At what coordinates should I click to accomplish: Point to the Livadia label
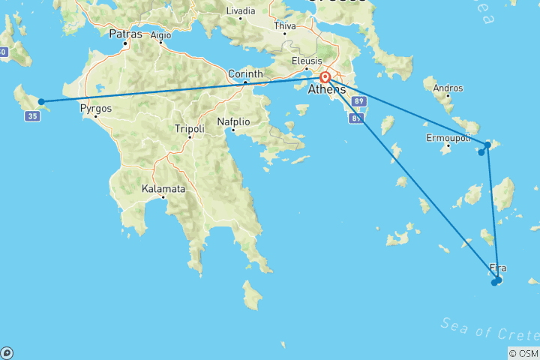pyautogui.click(x=240, y=11)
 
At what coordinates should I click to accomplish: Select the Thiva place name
pyautogui.click(x=285, y=25)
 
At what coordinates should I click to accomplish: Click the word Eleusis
pyautogui.click(x=307, y=61)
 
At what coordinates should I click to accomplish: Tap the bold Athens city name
pyautogui.click(x=328, y=90)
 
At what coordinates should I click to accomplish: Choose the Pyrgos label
pyautogui.click(x=96, y=108)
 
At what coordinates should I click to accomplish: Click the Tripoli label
pyautogui.click(x=189, y=128)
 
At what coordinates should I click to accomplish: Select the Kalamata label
pyautogui.click(x=163, y=189)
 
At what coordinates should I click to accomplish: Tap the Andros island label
pyautogui.click(x=448, y=88)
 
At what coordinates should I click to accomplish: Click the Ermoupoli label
pyautogui.click(x=448, y=139)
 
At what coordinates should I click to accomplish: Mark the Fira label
pyautogui.click(x=497, y=268)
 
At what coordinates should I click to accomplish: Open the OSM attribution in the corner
pyautogui.click(x=523, y=353)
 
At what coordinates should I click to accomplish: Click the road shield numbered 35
pyautogui.click(x=31, y=116)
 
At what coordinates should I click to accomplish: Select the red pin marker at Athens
pyautogui.click(x=325, y=77)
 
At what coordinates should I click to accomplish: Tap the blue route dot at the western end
pyautogui.click(x=41, y=101)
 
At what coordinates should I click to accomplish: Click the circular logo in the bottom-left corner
pyautogui.click(x=6, y=352)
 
